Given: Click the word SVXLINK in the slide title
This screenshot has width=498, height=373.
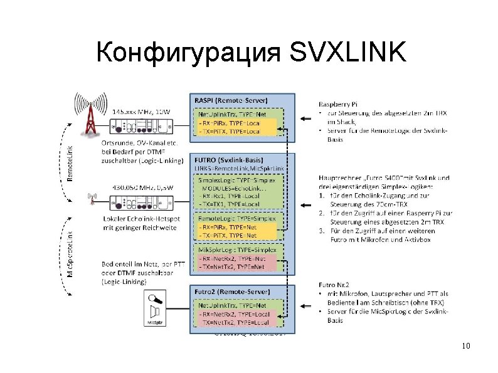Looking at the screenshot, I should (349, 53).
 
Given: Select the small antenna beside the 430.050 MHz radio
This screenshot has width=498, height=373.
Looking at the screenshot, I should (93, 200).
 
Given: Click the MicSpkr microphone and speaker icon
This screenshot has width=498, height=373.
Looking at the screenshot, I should (153, 310).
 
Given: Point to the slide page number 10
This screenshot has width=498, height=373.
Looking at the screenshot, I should (465, 346).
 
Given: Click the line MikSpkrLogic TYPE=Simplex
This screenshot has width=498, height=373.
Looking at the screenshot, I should (233, 249).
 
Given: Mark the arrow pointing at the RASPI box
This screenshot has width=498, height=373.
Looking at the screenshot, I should (305, 118).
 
